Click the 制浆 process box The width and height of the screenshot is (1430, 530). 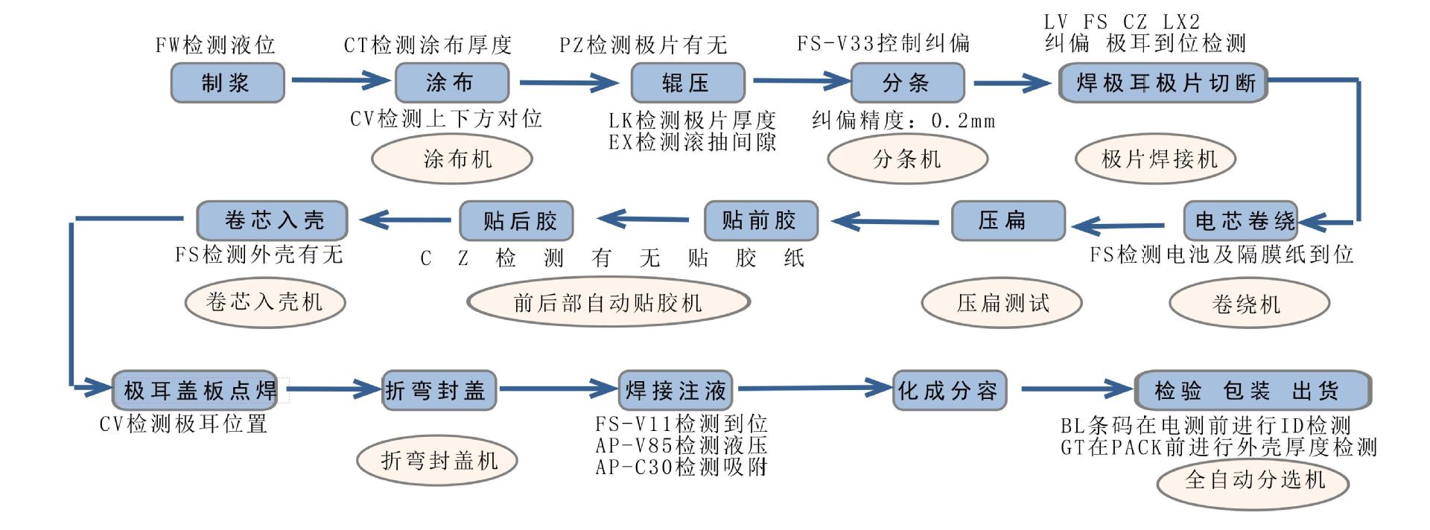tap(227, 83)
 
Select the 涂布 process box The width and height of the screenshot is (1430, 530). tap(451, 83)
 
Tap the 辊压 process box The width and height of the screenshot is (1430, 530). tap(687, 83)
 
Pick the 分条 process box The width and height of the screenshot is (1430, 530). tap(906, 83)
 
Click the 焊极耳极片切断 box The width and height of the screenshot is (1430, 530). tap(1162, 83)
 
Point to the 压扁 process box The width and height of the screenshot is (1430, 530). tap(1008, 221)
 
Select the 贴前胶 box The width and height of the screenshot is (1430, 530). tap(760, 221)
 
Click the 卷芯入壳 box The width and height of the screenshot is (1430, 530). tap(273, 221)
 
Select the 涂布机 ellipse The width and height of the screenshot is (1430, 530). tap(452, 159)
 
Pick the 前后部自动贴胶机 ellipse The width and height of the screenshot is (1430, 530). tap(608, 303)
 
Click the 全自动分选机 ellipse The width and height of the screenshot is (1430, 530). tap(1252, 480)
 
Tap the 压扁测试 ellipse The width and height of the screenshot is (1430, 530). tap(1001, 303)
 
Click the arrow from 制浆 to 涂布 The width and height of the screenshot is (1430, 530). tap(340, 80)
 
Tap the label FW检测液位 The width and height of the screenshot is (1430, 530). tap(215, 45)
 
